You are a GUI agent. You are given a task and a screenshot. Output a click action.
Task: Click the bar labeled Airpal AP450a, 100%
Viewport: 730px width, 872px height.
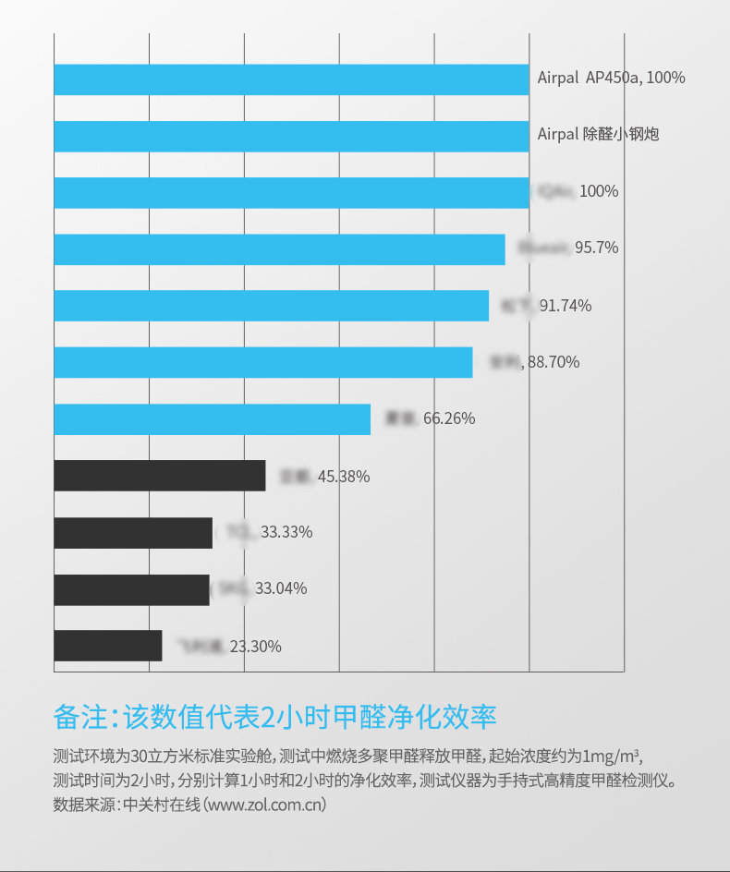(291, 79)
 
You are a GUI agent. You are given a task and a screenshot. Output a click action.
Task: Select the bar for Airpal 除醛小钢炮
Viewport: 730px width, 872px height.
(291, 136)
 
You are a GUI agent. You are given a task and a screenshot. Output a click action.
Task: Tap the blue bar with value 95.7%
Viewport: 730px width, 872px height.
(279, 249)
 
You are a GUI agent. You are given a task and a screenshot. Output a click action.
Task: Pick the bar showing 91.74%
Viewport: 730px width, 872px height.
(271, 306)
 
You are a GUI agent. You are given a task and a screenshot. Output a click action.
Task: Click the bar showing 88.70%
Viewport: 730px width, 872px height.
(263, 362)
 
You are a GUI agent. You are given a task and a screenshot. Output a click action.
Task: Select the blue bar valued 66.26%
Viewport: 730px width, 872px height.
(212, 419)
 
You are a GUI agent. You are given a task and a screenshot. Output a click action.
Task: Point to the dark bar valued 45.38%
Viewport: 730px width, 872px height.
(160, 476)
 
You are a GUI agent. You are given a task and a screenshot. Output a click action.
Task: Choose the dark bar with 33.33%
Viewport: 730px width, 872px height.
(133, 533)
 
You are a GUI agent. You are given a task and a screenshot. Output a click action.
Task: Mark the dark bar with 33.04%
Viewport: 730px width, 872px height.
(131, 589)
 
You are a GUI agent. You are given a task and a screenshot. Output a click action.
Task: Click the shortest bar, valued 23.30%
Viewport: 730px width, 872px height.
(108, 646)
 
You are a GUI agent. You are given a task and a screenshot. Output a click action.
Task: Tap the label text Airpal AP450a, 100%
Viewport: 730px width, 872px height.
(612, 79)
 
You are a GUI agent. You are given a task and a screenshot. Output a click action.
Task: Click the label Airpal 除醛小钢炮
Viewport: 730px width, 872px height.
(599, 135)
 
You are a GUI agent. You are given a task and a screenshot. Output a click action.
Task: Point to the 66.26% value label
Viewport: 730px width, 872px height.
(449, 418)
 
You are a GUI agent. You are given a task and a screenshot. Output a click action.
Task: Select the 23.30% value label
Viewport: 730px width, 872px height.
(255, 647)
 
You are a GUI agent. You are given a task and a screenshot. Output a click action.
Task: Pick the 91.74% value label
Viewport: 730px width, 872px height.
(566, 306)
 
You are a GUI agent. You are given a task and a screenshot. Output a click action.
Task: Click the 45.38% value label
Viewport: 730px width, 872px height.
(344, 477)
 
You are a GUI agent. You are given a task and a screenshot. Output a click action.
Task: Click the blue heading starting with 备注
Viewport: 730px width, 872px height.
(275, 717)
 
